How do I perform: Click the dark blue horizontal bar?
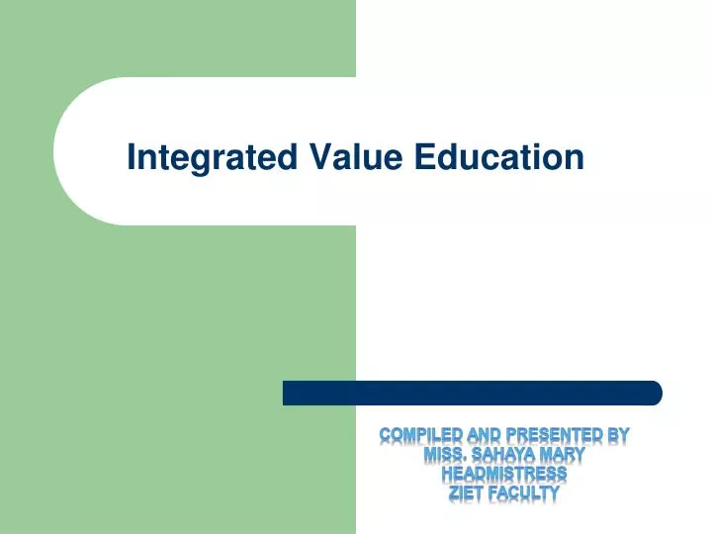[472, 393]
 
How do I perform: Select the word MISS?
[448, 455]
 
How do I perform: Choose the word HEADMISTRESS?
[503, 474]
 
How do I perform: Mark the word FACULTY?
[527, 492]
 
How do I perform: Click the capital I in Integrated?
[133, 156]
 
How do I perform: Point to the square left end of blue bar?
[288, 393]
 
